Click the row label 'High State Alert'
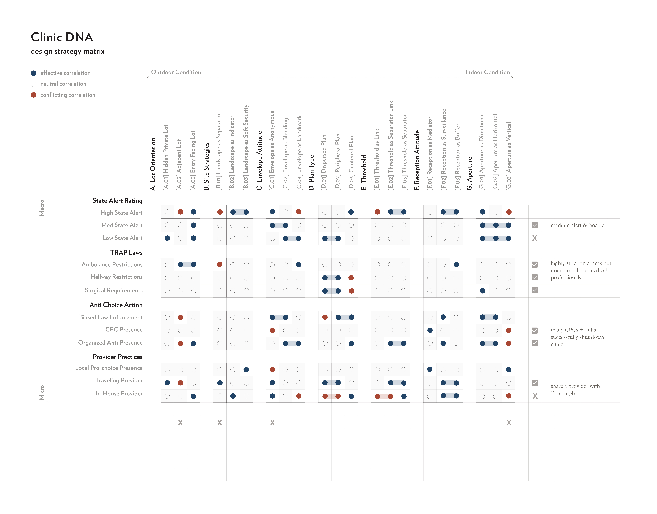pos(122,213)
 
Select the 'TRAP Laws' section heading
pos(126,252)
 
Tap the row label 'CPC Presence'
pos(124,329)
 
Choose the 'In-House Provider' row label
pos(119,393)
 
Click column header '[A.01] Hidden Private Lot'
pos(166,158)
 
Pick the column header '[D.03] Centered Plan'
pos(351,163)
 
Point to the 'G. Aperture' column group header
pos(469,173)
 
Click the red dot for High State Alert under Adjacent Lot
pos(180,212)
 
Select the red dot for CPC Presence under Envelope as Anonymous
pos(273,330)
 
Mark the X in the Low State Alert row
pos(535,238)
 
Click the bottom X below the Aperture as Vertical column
pos(509,423)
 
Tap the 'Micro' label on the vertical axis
pos(42,392)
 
